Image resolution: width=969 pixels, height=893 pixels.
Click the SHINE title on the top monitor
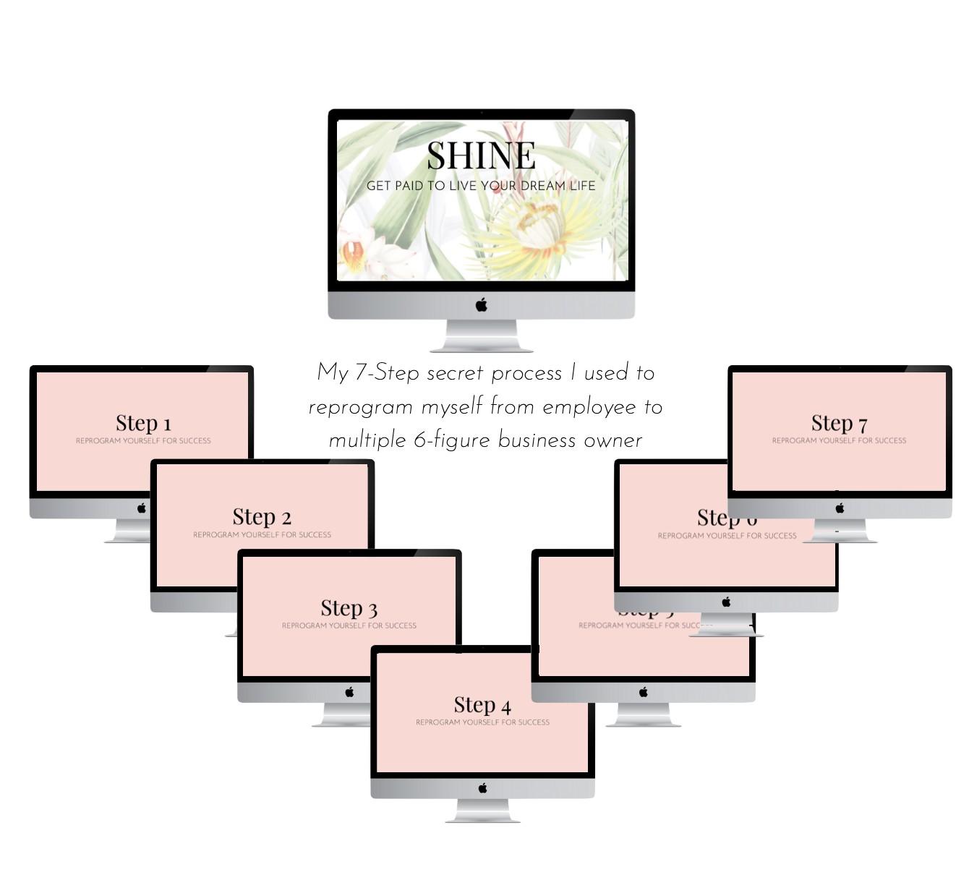tap(481, 155)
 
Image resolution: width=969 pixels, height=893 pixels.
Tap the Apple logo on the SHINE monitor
tap(482, 305)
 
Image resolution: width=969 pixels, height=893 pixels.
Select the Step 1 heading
tap(143, 423)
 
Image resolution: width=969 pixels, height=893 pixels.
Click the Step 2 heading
tap(262, 517)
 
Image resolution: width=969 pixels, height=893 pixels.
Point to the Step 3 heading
tap(349, 608)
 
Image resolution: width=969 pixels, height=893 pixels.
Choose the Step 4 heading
tap(482, 705)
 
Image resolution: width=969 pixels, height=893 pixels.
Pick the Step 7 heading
tap(839, 423)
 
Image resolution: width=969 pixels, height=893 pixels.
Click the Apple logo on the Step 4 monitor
tap(483, 787)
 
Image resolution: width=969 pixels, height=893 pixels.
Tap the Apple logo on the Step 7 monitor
tap(840, 508)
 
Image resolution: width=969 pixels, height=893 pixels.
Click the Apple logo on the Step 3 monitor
tap(350, 692)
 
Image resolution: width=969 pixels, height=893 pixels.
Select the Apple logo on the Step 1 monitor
tap(142, 508)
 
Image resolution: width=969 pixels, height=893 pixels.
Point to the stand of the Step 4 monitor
tap(483, 811)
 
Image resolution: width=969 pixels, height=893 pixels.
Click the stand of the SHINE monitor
tap(482, 336)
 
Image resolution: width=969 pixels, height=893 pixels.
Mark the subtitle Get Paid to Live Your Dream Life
tap(481, 186)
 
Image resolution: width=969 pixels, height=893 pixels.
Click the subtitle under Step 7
tap(839, 440)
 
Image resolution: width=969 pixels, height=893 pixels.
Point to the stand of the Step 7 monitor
tap(840, 531)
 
